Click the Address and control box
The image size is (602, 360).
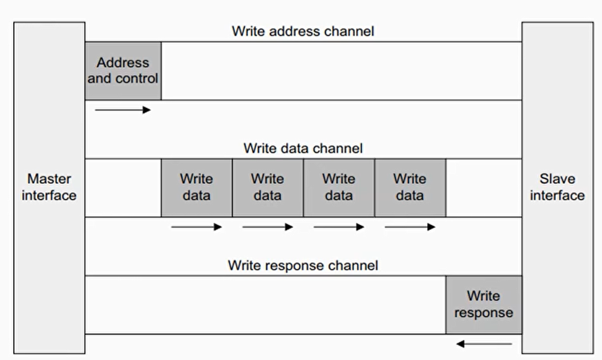point(123,71)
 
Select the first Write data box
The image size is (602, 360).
point(197,187)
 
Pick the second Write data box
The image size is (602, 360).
point(268,187)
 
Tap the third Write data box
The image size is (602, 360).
point(338,187)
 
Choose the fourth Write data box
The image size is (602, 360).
point(409,187)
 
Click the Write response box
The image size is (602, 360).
point(483,304)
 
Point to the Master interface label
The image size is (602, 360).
point(50,187)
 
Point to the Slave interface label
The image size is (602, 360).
point(557,187)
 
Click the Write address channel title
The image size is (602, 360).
point(303,31)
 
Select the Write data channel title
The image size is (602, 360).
point(303,148)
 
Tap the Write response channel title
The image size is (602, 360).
point(303,265)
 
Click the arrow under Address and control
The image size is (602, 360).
point(122,109)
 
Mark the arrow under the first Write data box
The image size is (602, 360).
point(197,226)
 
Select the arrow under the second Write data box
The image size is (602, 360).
point(268,226)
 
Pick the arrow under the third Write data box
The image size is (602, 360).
point(338,226)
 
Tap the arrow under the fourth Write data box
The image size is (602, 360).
point(409,226)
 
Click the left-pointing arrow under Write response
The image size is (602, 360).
point(484,343)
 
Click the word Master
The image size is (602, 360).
point(50,179)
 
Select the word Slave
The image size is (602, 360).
point(557,179)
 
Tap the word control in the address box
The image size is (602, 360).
point(136,78)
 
